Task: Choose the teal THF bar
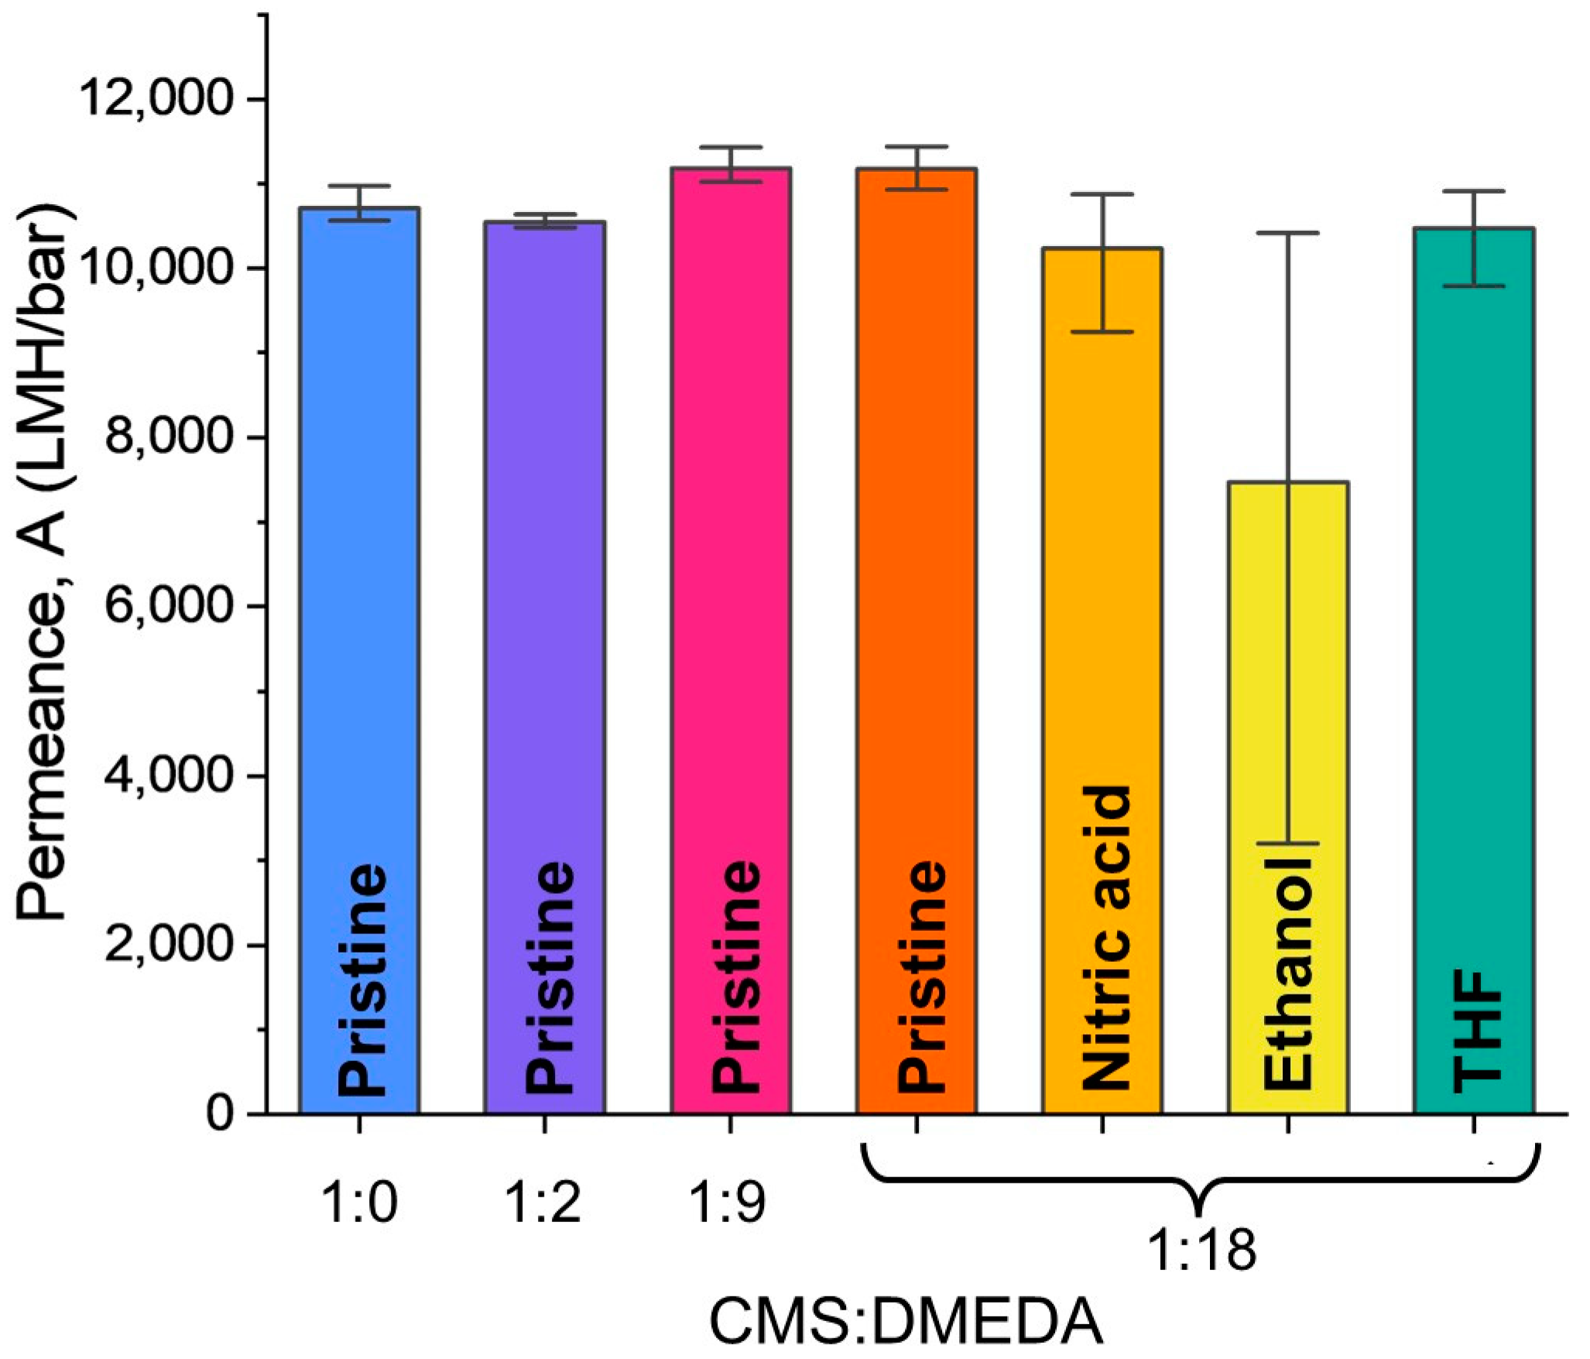coord(1474,619)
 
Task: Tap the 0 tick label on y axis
coord(221,1114)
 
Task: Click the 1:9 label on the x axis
coord(728,1204)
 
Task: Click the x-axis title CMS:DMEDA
coord(906,1323)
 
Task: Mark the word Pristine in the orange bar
coord(921,977)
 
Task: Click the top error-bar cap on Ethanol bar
coord(1288,233)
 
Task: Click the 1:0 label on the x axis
coord(358,1204)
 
